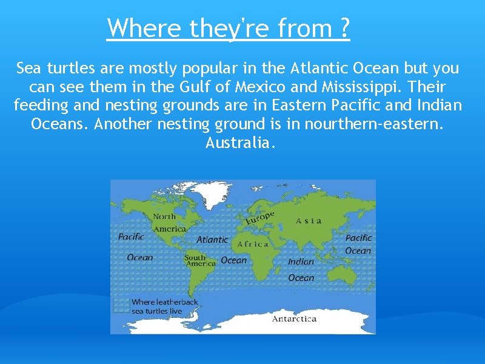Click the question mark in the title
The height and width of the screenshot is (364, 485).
[x=344, y=28]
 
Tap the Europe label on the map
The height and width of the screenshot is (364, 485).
[x=260, y=218]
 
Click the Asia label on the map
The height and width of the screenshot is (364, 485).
[x=309, y=221]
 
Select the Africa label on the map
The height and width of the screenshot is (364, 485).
[x=253, y=244]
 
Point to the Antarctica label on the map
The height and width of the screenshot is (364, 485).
[x=294, y=318]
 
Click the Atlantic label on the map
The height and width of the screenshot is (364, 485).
[x=212, y=240]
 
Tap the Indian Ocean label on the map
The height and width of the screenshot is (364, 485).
[x=301, y=269]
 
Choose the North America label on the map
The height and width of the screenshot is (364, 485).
[x=169, y=223]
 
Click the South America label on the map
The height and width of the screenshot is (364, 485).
[x=199, y=260]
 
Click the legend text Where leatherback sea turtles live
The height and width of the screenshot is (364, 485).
[x=165, y=306]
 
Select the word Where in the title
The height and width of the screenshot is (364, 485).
[x=145, y=28]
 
